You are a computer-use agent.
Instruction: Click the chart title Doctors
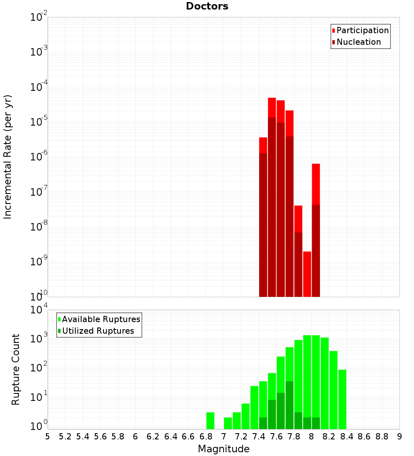[207, 6]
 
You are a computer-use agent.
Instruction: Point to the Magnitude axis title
[224, 449]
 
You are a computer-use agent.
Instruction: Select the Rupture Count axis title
[16, 369]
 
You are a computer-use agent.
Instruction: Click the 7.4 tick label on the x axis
[259, 437]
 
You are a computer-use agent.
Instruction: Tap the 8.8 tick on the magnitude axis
[382, 437]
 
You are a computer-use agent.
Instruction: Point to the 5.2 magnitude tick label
[65, 437]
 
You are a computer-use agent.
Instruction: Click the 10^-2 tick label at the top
[39, 18]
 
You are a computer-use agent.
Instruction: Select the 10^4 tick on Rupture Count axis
[39, 310]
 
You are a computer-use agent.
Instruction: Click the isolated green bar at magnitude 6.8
[210, 420]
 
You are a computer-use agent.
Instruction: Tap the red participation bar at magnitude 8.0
[316, 182]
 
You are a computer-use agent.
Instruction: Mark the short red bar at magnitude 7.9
[307, 274]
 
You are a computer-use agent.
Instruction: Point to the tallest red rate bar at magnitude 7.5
[272, 108]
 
